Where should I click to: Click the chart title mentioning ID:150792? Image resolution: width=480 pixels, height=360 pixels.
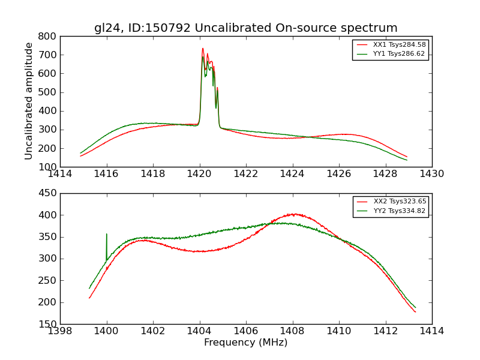click(x=245, y=28)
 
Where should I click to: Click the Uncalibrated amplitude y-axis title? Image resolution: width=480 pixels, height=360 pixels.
click(x=29, y=101)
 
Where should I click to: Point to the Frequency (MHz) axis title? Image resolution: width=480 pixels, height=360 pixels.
click(x=245, y=343)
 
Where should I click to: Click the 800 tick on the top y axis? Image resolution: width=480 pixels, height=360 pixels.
click(x=47, y=36)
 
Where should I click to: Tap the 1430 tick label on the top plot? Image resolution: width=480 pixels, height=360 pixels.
click(x=431, y=174)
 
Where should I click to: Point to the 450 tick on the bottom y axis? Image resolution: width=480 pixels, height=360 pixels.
click(x=47, y=193)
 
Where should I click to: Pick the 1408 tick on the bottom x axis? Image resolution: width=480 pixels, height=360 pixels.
click(x=292, y=331)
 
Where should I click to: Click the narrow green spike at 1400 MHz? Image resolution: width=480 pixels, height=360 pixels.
click(x=107, y=235)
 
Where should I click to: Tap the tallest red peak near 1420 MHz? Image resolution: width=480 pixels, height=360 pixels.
click(x=203, y=49)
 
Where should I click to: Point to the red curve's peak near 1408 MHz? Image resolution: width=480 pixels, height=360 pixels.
click(x=293, y=214)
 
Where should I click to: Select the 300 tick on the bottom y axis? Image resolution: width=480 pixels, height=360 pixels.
click(x=47, y=259)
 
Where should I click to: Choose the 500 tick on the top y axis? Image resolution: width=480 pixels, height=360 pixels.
click(x=47, y=92)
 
